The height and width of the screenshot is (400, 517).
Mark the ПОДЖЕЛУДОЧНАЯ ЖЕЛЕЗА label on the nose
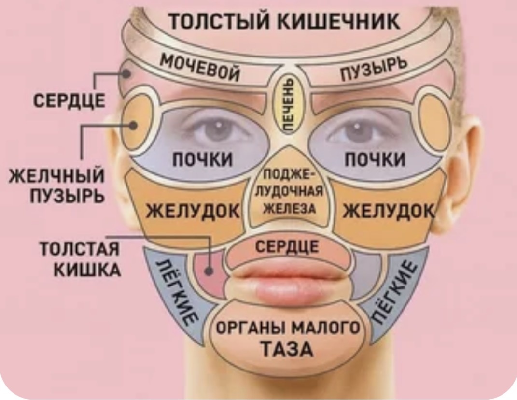(x=289, y=192)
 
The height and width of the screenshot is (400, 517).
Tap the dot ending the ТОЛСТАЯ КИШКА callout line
(x=210, y=271)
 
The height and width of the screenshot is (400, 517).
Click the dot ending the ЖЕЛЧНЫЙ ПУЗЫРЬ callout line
(x=133, y=125)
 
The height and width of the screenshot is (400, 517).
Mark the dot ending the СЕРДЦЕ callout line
(x=126, y=74)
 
